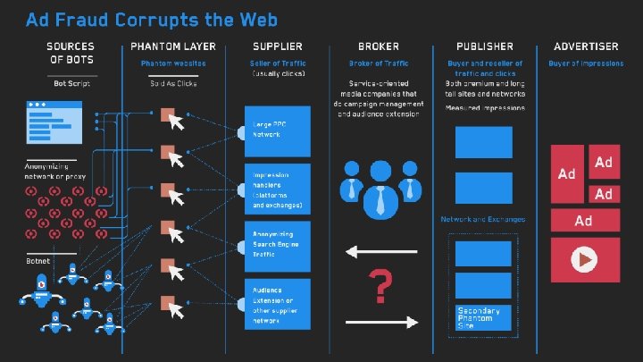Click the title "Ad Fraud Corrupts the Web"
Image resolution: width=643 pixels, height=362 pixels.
(x=151, y=19)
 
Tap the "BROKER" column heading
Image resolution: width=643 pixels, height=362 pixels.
(x=379, y=46)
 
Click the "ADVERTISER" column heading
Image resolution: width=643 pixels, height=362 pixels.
(x=586, y=46)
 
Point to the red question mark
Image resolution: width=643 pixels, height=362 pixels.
(x=381, y=288)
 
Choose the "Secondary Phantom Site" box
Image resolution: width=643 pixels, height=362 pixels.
(x=484, y=316)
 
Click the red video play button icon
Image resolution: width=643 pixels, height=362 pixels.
(x=584, y=260)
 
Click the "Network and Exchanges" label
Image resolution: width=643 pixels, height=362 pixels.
(x=483, y=219)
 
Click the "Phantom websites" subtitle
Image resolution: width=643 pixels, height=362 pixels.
(x=173, y=63)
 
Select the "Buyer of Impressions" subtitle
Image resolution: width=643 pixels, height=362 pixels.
(x=586, y=63)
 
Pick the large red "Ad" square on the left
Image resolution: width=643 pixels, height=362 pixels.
(x=567, y=173)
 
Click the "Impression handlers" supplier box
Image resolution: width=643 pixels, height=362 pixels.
(x=278, y=189)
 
